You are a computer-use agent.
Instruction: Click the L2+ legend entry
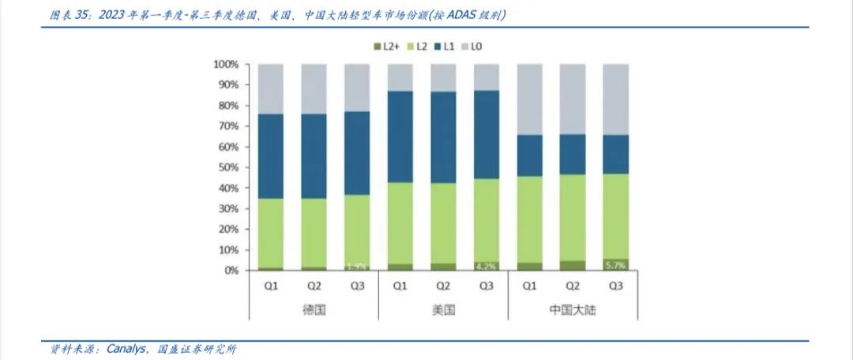(x=388, y=47)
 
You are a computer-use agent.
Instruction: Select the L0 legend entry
(x=473, y=47)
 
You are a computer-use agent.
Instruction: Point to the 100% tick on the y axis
(x=226, y=64)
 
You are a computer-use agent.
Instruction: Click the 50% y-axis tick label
(x=228, y=167)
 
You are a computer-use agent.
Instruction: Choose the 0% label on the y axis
(x=231, y=271)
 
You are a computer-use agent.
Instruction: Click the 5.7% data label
(x=615, y=265)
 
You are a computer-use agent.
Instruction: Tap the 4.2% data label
(x=486, y=266)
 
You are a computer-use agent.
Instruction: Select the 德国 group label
(x=314, y=310)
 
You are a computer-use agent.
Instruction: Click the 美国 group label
(x=443, y=310)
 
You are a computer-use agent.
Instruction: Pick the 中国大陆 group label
(x=572, y=310)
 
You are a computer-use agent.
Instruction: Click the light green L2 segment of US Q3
(x=486, y=220)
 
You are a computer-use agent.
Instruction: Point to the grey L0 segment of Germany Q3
(x=357, y=88)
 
